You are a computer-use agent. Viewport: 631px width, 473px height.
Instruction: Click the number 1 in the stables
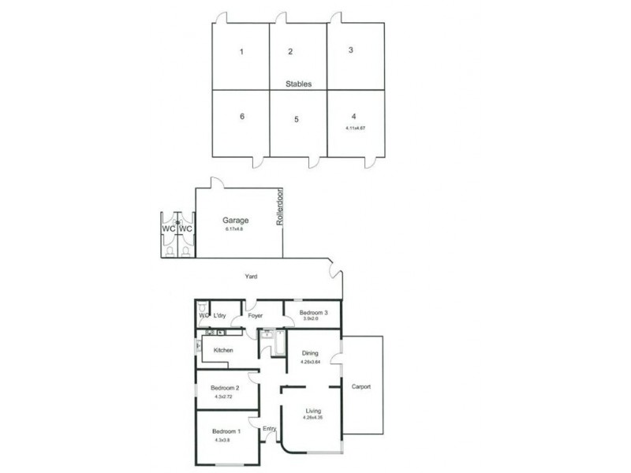tap(241, 53)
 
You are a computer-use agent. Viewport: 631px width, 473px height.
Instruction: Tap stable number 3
tap(350, 50)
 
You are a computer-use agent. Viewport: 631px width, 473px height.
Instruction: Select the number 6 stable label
tap(242, 116)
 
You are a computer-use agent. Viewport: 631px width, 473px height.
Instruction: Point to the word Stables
tap(299, 83)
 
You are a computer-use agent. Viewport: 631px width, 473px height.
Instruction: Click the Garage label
tap(235, 220)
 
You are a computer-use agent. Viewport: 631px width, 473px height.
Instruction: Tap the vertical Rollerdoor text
tap(279, 209)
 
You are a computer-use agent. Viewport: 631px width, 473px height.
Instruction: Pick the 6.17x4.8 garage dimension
tap(235, 230)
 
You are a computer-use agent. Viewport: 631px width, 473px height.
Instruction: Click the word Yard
tap(251, 277)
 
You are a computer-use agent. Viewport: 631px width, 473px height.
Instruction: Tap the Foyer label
tap(255, 316)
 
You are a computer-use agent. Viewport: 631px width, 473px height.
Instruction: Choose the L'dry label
tap(220, 316)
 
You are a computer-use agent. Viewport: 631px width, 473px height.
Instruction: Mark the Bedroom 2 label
tap(224, 388)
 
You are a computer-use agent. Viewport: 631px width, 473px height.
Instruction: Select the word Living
tap(312, 411)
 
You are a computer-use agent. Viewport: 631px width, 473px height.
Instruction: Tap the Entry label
tap(270, 429)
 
